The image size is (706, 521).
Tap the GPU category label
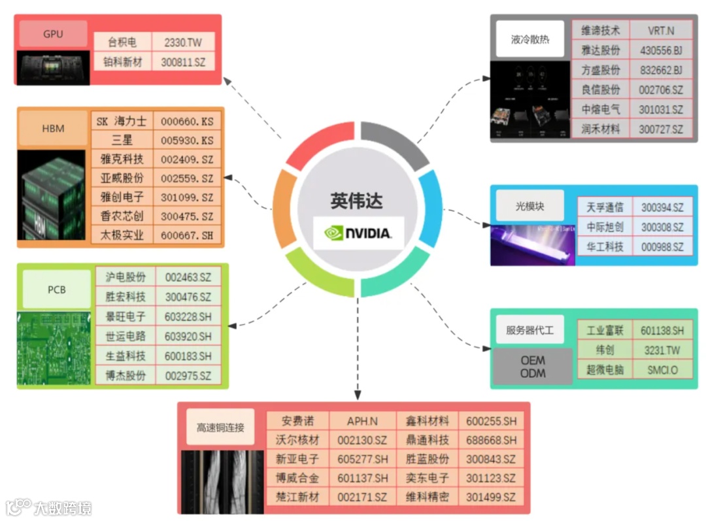point(53,33)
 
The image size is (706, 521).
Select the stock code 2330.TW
point(183,42)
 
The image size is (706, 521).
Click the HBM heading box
point(53,128)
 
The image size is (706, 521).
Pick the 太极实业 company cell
point(122,235)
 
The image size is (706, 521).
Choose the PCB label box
point(57,289)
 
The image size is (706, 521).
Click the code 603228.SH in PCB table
point(188,317)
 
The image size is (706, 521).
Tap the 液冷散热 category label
point(530,39)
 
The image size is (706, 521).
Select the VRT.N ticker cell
point(661,31)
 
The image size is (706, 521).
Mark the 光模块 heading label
point(530,206)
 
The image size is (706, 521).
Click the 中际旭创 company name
point(605,227)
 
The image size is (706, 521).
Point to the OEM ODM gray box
point(533,366)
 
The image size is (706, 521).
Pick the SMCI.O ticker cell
point(662,370)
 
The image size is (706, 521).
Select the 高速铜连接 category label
point(220,428)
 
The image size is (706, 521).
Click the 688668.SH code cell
point(491,440)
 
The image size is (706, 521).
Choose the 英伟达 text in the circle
point(356,201)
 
